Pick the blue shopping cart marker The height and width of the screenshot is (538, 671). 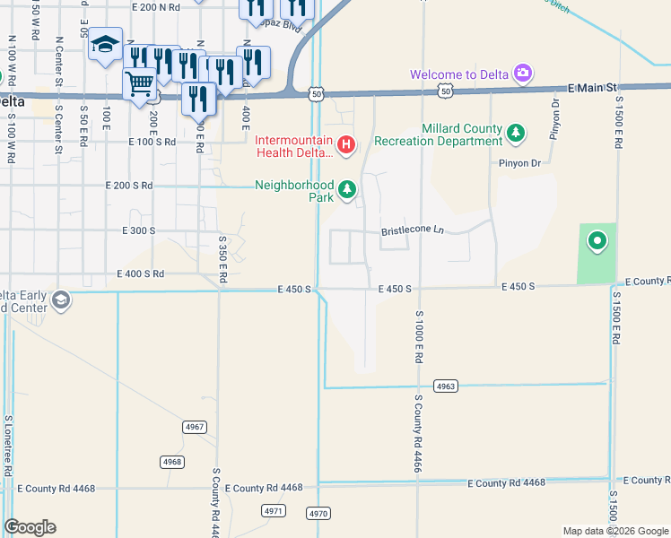click(139, 85)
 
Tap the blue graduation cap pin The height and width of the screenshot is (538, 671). click(105, 45)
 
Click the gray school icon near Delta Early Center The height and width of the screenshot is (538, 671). click(60, 299)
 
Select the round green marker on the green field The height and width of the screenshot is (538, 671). click(597, 241)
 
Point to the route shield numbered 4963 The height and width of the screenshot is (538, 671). click(446, 386)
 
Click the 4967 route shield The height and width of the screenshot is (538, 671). click(194, 426)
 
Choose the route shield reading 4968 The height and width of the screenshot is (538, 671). click(173, 462)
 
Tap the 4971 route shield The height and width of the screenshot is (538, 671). click(274, 510)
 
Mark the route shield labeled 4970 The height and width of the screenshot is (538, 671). click(318, 514)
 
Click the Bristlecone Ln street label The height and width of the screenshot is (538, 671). click(413, 230)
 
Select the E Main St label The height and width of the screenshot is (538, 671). click(594, 88)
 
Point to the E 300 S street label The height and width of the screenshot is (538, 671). click(139, 230)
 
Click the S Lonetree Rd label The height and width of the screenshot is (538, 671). click(8, 444)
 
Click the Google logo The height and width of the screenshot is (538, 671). click(30, 527)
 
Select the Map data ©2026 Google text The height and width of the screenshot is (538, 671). click(614, 531)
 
